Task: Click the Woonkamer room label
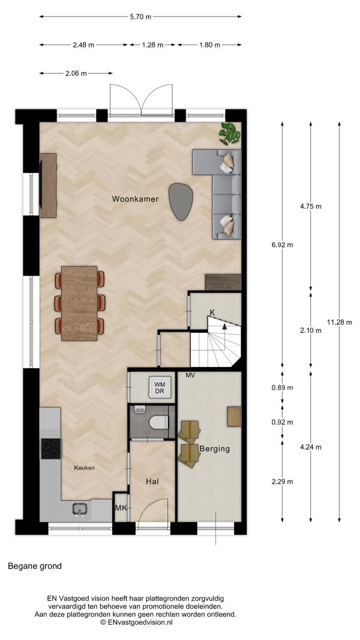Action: [x=135, y=199]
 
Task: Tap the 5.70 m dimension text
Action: [x=141, y=17]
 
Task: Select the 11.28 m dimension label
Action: [x=339, y=322]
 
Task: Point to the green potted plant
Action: [x=229, y=133]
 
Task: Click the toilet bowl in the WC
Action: [x=159, y=422]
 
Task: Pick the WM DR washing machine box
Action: [x=159, y=387]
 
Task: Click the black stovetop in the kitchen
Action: [x=51, y=449]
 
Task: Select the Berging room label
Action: [x=214, y=449]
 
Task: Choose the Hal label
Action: [x=153, y=482]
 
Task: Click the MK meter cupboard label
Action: [x=121, y=508]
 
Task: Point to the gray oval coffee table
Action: [x=181, y=202]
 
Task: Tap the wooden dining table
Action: [x=79, y=303]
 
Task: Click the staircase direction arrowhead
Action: [x=225, y=326]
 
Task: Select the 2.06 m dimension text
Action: [x=76, y=74]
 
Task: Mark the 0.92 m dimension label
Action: [x=282, y=422]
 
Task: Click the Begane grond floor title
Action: [x=35, y=566]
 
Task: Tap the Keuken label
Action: [x=84, y=468]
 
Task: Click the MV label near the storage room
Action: [x=190, y=375]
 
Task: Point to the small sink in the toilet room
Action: [x=140, y=410]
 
